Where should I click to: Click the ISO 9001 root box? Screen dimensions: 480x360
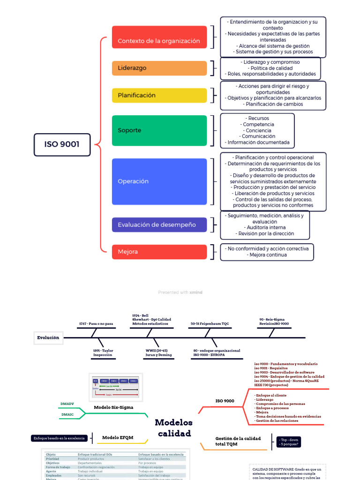pyautogui.click(x=62, y=144)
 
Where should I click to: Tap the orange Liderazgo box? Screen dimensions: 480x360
pyautogui.click(x=159, y=68)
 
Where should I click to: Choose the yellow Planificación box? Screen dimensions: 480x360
pyautogui.click(x=159, y=95)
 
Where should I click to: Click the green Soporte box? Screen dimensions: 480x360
pyautogui.click(x=159, y=130)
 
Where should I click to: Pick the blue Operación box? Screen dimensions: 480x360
pyautogui.click(x=159, y=181)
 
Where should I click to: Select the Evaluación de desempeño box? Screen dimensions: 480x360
pyautogui.click(x=159, y=225)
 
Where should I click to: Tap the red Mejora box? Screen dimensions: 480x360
pyautogui.click(x=159, y=252)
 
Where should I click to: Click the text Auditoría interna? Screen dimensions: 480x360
pyautogui.click(x=265, y=227)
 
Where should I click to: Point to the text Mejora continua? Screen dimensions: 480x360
pyautogui.click(x=267, y=255)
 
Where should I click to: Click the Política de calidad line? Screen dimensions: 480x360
pyautogui.click(x=271, y=68)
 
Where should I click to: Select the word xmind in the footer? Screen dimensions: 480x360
pyautogui.click(x=196, y=292)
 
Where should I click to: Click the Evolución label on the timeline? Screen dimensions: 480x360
pyautogui.click(x=48, y=337)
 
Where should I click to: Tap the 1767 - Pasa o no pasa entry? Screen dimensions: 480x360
pyautogui.click(x=96, y=323)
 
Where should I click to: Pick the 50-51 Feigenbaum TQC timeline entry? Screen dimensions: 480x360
pyautogui.click(x=210, y=323)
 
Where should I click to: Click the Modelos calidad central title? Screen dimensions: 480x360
pyautogui.click(x=174, y=427)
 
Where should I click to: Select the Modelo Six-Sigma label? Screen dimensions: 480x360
pyautogui.click(x=113, y=407)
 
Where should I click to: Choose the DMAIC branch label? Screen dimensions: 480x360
pyautogui.click(x=67, y=414)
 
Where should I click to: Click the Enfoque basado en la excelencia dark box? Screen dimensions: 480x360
pyautogui.click(x=60, y=438)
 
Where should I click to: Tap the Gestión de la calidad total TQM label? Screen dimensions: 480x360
pyautogui.click(x=238, y=441)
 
